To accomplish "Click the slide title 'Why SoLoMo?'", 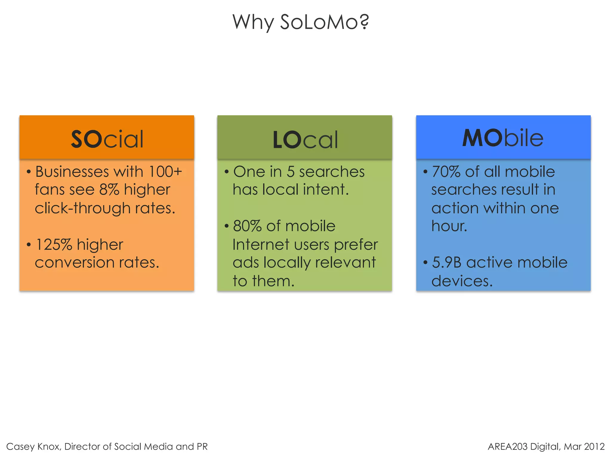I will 301,22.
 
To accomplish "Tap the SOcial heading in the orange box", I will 107,139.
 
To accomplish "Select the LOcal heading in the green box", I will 305,140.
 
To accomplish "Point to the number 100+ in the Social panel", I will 165,172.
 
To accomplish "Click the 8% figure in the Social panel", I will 109,190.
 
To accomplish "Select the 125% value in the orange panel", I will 54,245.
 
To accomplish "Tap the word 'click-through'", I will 83,208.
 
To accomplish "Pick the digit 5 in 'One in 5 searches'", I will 291,172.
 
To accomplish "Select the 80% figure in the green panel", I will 247,226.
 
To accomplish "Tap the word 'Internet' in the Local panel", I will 260,245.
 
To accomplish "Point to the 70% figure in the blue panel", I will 446,172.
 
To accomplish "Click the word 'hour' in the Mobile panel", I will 448,226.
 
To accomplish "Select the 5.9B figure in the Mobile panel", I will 447,263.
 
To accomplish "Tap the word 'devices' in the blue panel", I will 461,281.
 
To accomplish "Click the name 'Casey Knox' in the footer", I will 33,446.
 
